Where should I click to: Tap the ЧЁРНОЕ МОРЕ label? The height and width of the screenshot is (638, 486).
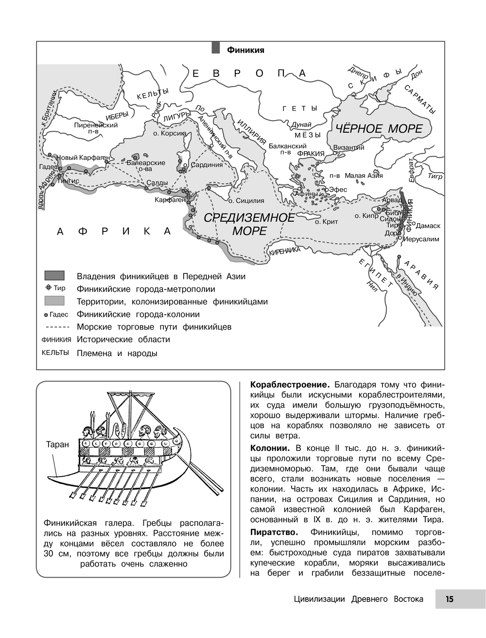(377, 129)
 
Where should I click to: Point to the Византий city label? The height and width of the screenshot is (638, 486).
(348, 147)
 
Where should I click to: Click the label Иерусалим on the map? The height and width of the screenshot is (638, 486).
(420, 239)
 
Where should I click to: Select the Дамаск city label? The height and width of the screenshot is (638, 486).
(428, 226)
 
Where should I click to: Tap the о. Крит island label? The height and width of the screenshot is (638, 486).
(326, 222)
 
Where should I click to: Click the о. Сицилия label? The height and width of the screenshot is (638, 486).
(246, 200)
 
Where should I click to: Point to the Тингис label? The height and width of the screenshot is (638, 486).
(68, 180)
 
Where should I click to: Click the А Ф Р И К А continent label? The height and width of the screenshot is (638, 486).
(114, 231)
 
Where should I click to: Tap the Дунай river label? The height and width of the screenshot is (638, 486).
(301, 124)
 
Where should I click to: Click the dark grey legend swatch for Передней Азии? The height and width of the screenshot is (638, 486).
(54, 276)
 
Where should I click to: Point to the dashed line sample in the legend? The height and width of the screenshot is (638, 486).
(54, 327)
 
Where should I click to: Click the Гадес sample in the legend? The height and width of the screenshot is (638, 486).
(56, 314)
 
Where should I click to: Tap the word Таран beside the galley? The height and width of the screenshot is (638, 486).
(57, 444)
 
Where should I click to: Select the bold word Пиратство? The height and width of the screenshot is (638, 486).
(273, 532)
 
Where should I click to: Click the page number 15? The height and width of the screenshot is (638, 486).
(449, 599)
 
